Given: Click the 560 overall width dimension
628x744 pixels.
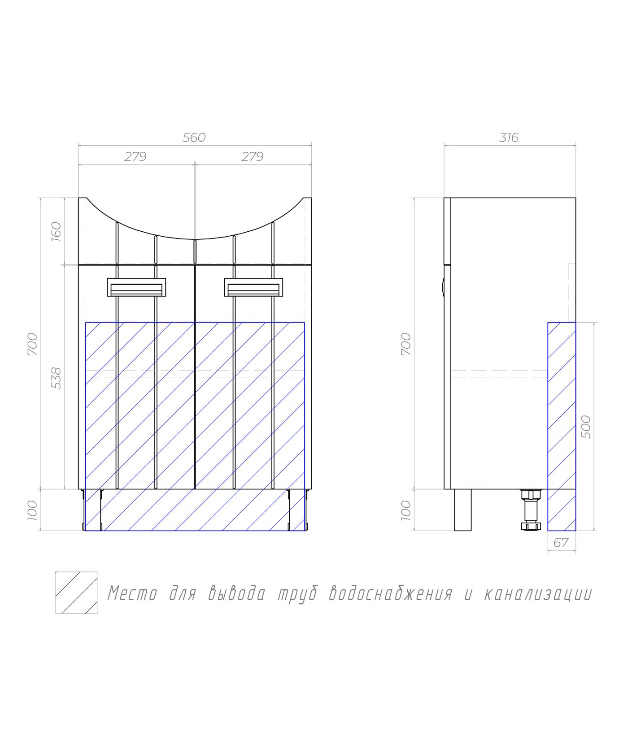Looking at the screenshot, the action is [x=194, y=137].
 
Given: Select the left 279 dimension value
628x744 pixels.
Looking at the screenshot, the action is [x=135, y=156].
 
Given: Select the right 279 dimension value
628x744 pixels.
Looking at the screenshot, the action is [x=253, y=156].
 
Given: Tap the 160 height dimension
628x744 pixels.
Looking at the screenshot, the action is [x=56, y=232].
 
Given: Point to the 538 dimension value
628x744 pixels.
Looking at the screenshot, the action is [x=56, y=378].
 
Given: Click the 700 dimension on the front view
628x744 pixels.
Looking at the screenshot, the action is [x=33, y=344].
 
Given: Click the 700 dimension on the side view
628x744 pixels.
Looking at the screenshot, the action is [x=406, y=344].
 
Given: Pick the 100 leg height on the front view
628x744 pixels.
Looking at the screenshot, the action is [x=33, y=510].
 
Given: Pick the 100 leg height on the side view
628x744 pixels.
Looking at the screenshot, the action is [x=406, y=510].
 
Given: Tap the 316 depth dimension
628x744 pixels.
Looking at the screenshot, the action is [x=509, y=137].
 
